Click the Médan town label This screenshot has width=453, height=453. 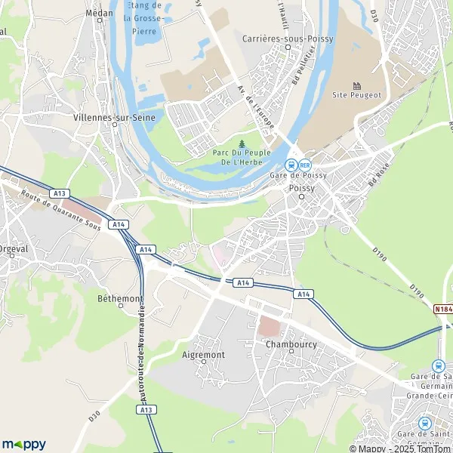(99, 13)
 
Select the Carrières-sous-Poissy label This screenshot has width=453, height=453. (288, 37)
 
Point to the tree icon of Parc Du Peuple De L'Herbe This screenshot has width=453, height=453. (242, 143)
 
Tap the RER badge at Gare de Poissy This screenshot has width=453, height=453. (305, 165)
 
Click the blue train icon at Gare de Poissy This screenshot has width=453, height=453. (290, 165)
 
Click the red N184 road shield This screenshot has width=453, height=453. (443, 309)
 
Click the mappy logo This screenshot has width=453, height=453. (23, 444)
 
